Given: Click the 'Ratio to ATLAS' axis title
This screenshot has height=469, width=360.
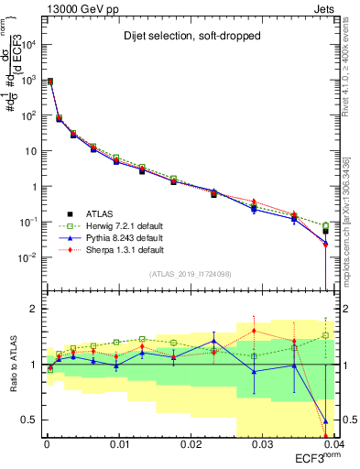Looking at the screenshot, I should [x=14, y=364].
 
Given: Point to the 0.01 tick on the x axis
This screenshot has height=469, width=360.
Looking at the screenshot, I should [x=118, y=444].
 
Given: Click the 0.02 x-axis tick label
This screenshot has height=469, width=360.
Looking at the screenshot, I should [x=191, y=444].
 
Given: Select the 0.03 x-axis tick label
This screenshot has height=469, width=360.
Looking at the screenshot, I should [x=262, y=444].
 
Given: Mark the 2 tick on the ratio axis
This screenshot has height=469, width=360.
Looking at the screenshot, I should [x=34, y=309].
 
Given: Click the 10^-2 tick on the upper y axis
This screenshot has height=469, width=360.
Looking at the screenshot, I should [x=28, y=256].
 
